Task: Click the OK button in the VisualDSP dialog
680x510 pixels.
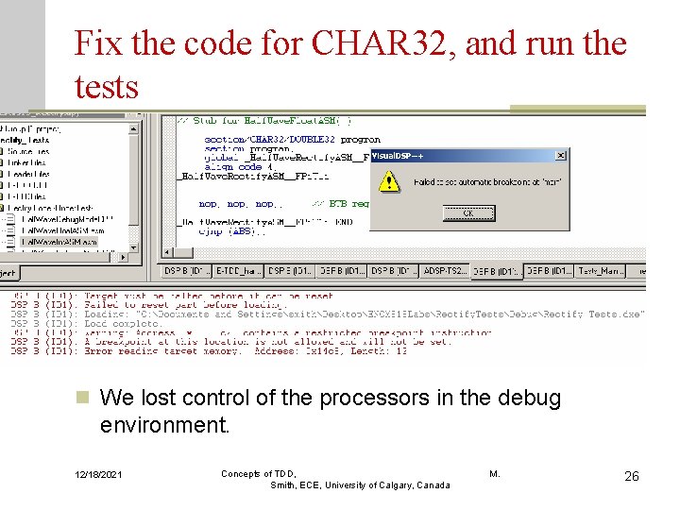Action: (x=467, y=213)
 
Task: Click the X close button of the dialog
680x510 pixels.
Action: (x=562, y=155)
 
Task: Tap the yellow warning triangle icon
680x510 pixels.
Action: (x=388, y=181)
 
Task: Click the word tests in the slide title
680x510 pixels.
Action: (x=106, y=87)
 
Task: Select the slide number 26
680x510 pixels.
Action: (x=632, y=476)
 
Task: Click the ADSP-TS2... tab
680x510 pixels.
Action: (x=445, y=271)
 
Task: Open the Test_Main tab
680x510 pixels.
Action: (x=602, y=271)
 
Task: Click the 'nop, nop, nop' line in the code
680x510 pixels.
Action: (x=237, y=204)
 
